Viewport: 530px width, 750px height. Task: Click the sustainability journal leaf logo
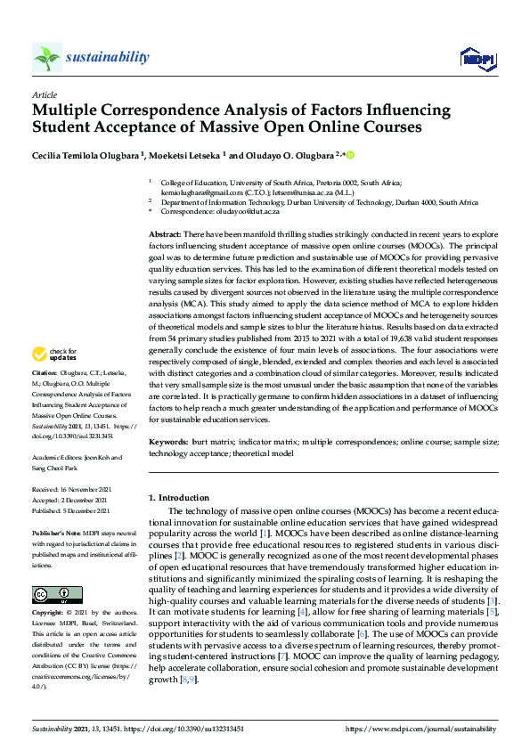(x=47, y=58)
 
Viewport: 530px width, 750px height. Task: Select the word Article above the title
(x=44, y=94)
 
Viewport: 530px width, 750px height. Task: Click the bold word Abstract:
(x=167, y=232)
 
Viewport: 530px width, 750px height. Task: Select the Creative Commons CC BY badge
(x=57, y=595)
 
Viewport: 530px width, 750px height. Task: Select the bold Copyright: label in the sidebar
(x=48, y=614)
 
